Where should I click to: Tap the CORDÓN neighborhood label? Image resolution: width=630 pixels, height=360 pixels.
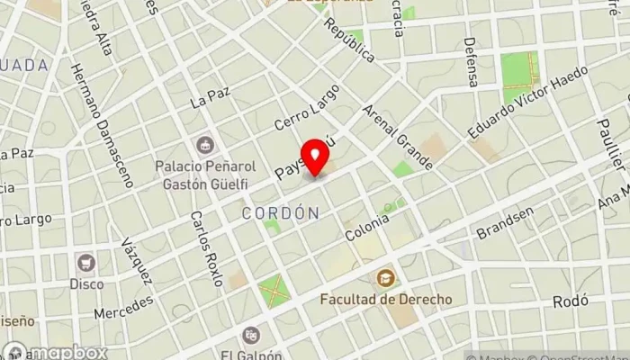[281, 213]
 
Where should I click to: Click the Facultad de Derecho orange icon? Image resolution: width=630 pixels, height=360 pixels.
[385, 278]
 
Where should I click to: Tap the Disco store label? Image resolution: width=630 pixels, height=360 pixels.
[86, 283]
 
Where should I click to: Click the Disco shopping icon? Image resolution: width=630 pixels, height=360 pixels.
[86, 264]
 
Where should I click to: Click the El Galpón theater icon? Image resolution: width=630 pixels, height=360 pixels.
[253, 334]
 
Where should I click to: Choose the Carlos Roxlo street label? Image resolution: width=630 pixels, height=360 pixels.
[206, 248]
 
